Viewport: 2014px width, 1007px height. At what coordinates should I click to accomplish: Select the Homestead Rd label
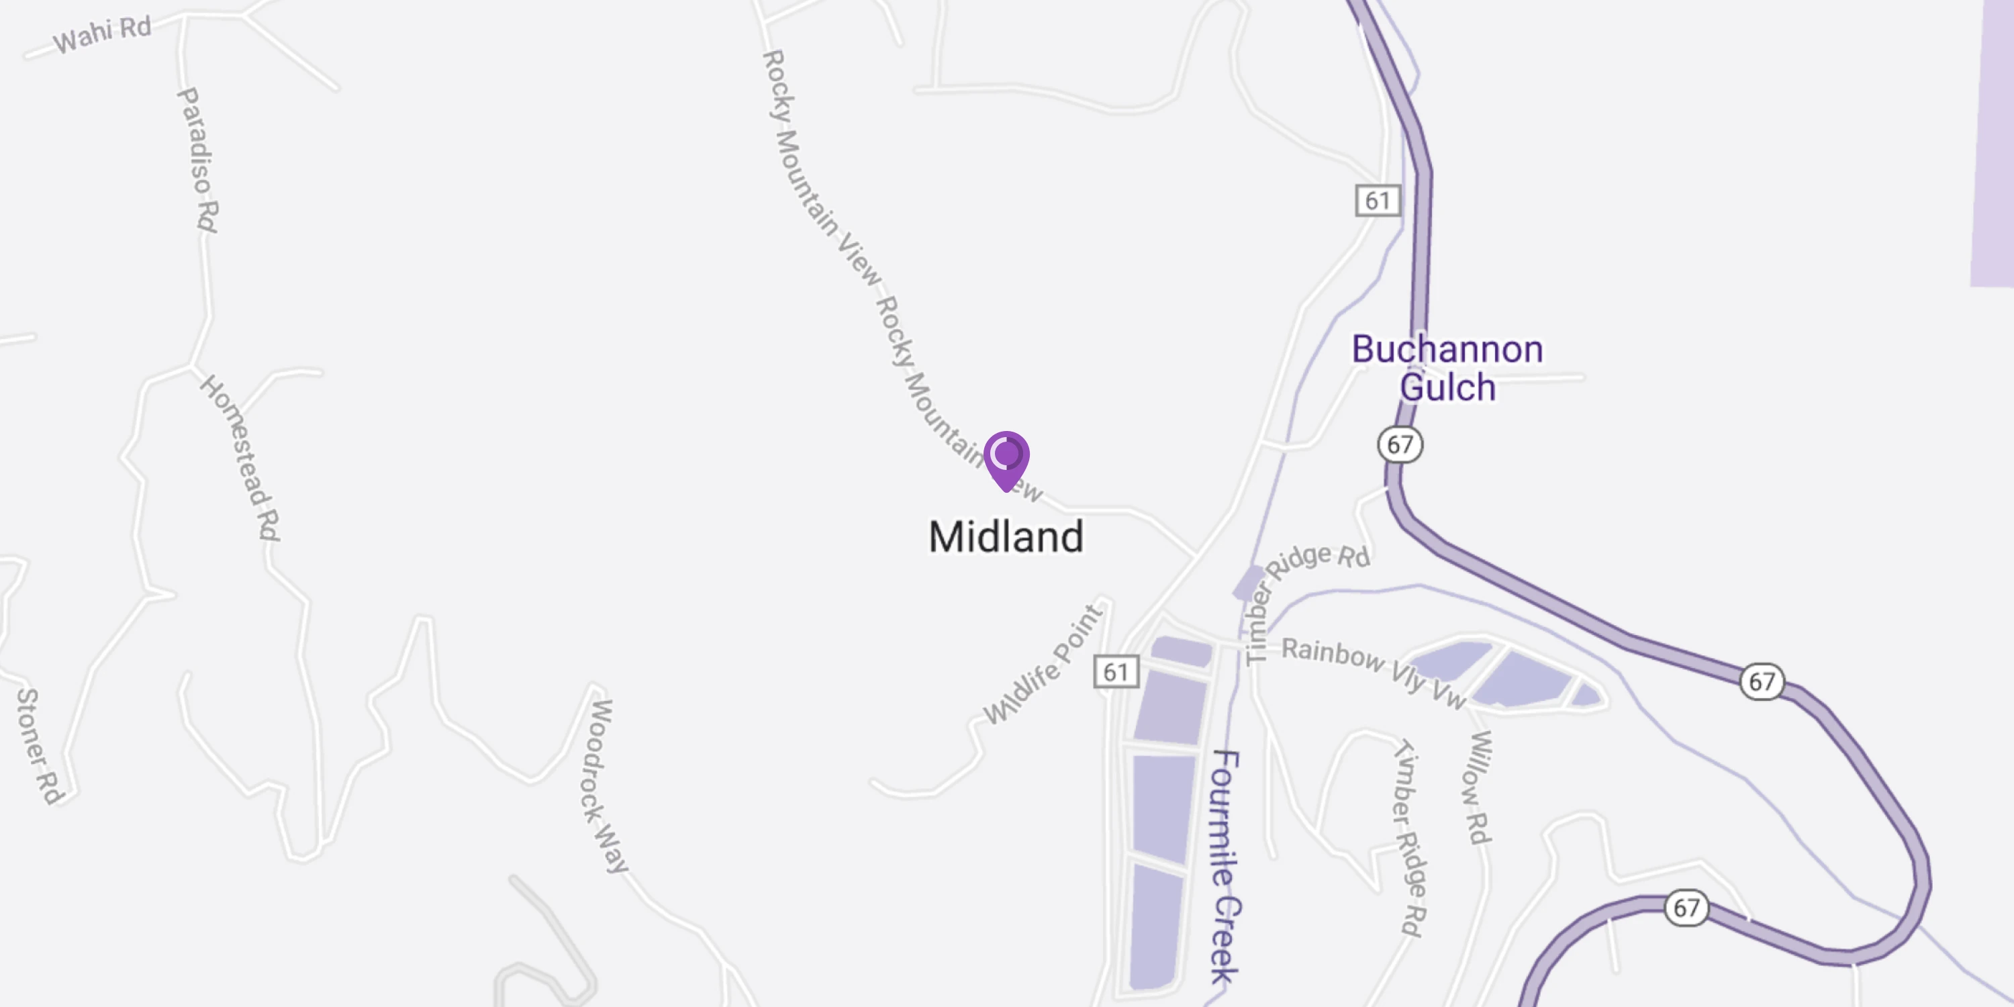click(x=240, y=458)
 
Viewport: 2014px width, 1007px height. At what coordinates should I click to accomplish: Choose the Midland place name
click(x=1006, y=537)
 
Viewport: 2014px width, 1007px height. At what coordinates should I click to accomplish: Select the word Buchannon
click(x=1447, y=350)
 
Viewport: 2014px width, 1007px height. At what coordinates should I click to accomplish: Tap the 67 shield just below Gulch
click(x=1400, y=445)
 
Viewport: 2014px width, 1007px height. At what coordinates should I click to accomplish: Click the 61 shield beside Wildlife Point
click(x=1116, y=671)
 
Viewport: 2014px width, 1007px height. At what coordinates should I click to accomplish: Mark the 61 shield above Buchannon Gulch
click(x=1378, y=201)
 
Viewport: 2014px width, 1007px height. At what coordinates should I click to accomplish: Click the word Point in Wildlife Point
click(x=1078, y=632)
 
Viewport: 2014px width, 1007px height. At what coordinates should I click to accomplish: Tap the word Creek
click(x=1225, y=939)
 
